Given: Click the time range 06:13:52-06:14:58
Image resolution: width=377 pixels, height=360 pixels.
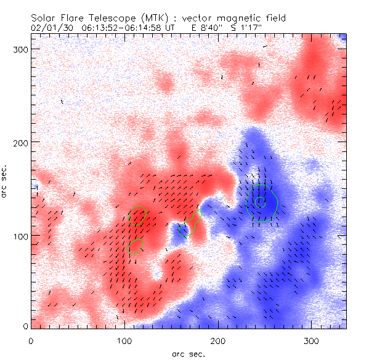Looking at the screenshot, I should (129, 28).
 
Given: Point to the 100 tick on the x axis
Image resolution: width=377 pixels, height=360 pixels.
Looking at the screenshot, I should (124, 340).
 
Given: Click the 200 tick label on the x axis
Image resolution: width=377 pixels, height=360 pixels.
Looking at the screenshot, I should (217, 340).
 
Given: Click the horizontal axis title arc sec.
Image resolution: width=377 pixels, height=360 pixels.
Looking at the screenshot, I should (187, 353).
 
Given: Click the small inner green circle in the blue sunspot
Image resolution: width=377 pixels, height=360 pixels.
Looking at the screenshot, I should (261, 201).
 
